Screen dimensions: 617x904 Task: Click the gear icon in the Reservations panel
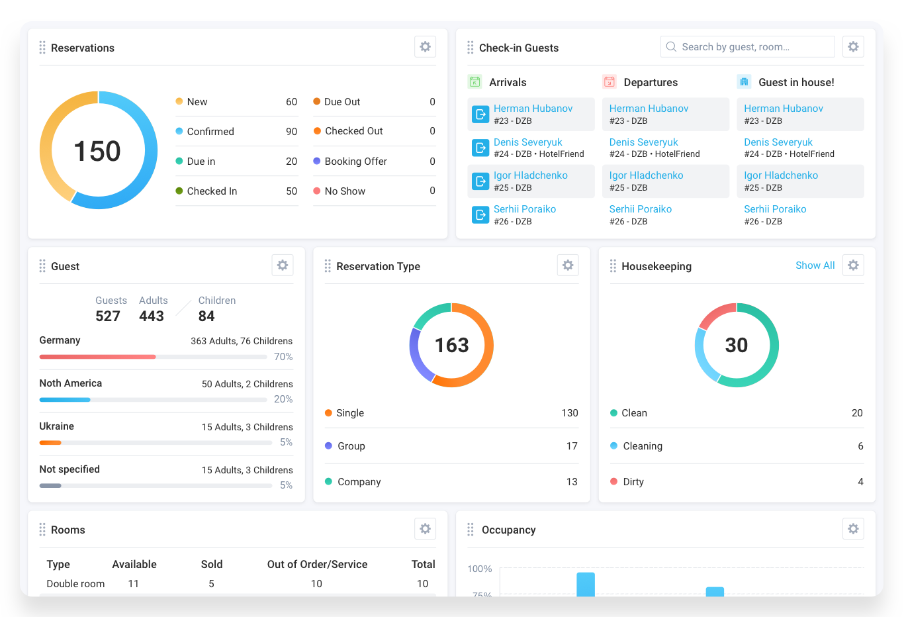[x=425, y=47]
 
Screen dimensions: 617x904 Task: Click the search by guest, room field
[x=747, y=47]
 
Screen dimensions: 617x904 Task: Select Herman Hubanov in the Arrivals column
[x=533, y=109]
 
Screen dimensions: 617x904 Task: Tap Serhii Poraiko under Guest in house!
[x=775, y=209]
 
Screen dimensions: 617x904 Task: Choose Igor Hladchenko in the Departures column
[x=646, y=175]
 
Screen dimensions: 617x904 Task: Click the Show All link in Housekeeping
[x=815, y=265]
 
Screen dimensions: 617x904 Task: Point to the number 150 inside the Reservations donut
[x=97, y=151]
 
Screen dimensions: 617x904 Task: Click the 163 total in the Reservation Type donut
[x=451, y=345]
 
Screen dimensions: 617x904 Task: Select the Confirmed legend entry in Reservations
[x=210, y=132]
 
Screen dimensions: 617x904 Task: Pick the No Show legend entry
[x=345, y=191]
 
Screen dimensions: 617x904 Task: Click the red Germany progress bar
[x=97, y=357]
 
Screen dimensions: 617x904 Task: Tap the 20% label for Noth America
[x=283, y=399]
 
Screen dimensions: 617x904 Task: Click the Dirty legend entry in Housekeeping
[x=633, y=482]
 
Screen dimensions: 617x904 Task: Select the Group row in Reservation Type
[x=351, y=446]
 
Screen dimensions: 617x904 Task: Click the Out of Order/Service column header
[x=317, y=564]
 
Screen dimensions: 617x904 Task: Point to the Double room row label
[x=75, y=584]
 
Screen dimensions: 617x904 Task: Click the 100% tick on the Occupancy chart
[x=480, y=569]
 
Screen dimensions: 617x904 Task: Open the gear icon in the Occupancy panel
[x=853, y=529]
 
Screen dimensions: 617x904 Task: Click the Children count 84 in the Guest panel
[x=206, y=316]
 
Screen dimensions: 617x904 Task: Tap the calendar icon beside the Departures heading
[x=610, y=82]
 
